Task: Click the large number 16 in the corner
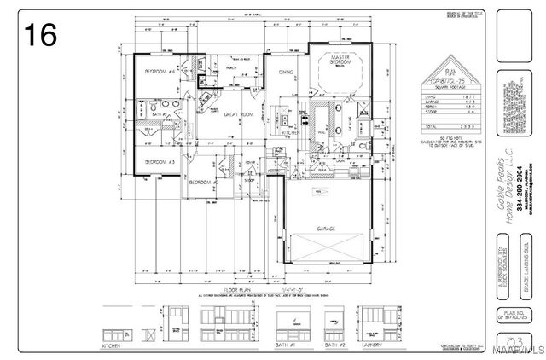tap(41, 35)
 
